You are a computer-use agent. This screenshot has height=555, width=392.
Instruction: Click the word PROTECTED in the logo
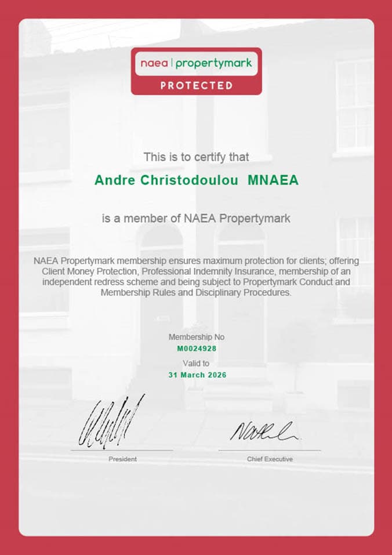tap(196, 86)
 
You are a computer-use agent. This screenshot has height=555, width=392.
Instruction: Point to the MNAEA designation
tap(273, 180)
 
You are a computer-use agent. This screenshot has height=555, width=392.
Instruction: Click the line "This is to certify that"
tap(196, 157)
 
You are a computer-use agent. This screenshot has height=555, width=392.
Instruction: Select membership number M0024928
tap(196, 349)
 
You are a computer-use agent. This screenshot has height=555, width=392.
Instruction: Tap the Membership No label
tap(196, 337)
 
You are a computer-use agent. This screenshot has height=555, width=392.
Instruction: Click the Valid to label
tap(196, 364)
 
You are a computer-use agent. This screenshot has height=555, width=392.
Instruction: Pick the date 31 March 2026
tap(196, 375)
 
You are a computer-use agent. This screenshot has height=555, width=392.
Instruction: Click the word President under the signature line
tap(122, 459)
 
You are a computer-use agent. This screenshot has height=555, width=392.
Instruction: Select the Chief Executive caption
tap(270, 459)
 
